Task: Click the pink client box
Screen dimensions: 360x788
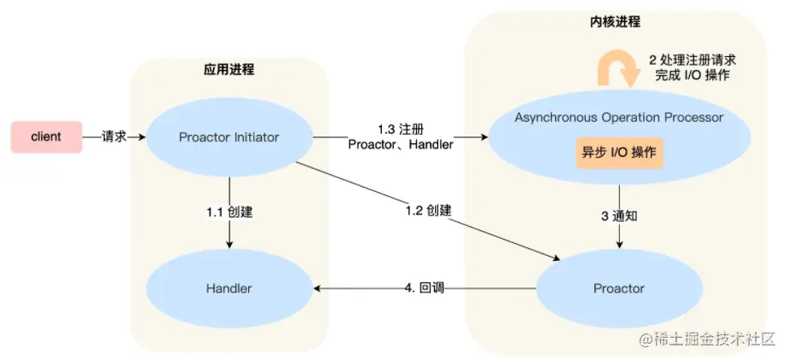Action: [46, 136]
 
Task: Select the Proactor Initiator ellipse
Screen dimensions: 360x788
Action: [229, 136]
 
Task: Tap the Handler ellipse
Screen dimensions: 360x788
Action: [229, 288]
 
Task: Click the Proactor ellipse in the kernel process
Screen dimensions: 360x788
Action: [618, 288]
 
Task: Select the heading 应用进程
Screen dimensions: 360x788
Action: [229, 69]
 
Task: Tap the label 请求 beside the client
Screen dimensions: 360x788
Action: [114, 136]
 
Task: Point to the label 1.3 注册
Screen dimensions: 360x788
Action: [400, 129]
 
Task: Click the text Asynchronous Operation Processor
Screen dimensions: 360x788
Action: [618, 117]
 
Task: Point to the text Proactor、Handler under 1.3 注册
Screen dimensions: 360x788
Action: [400, 144]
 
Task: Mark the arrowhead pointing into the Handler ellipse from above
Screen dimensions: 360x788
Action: [229, 245]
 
